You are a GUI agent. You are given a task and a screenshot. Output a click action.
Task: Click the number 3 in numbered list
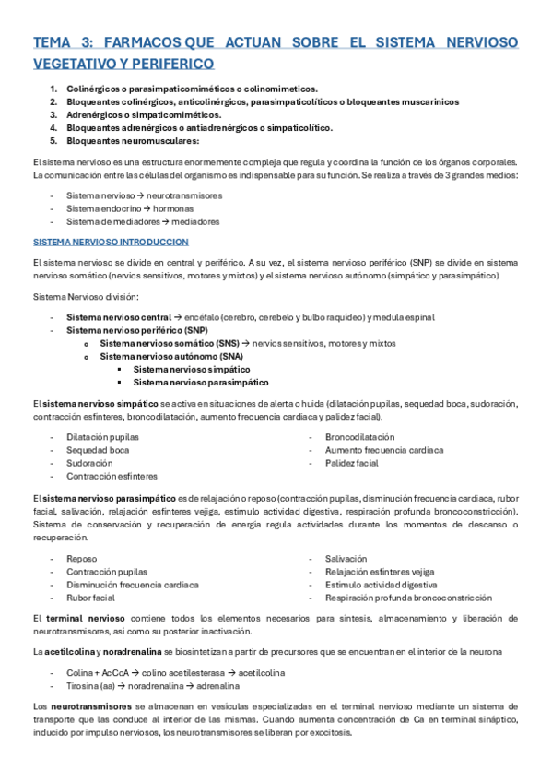click(x=53, y=114)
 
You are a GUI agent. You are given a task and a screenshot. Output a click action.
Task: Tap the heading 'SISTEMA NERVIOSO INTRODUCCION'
click(x=111, y=242)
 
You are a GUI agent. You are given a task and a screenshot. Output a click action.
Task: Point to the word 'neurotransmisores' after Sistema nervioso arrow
click(x=184, y=195)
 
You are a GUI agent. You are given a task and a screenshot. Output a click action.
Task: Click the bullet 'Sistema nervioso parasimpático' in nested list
click(x=201, y=381)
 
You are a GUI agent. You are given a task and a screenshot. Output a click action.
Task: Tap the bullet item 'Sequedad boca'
click(x=98, y=450)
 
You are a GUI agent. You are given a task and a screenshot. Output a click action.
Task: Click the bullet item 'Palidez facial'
click(x=351, y=463)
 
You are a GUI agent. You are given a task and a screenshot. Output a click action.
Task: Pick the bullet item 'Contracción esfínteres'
click(x=112, y=476)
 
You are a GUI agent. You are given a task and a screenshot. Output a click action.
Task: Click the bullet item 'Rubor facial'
click(x=90, y=598)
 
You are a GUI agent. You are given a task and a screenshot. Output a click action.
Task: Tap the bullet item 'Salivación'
click(x=346, y=559)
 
